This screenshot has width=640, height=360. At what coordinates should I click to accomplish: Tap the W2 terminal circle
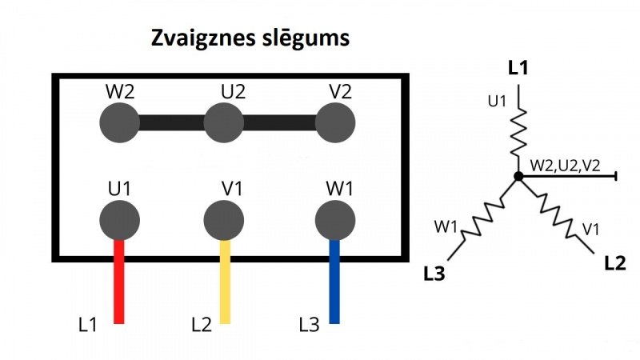pos(119,124)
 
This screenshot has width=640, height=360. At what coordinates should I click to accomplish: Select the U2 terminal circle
pos(224,124)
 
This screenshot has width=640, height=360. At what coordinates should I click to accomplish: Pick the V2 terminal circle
pos(335,124)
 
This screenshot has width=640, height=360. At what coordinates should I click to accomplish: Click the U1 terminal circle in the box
pos(119,219)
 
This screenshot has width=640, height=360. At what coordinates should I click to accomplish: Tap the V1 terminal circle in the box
pos(225,219)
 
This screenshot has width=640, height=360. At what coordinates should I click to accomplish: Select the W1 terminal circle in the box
pos(334,219)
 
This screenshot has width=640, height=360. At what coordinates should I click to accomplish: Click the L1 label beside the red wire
pos(88,326)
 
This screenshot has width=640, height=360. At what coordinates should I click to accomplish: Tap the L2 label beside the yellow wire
pos(202,326)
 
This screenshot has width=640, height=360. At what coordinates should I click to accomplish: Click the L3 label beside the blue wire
pos(309,326)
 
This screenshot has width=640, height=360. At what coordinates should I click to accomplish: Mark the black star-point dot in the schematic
pos(518,176)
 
